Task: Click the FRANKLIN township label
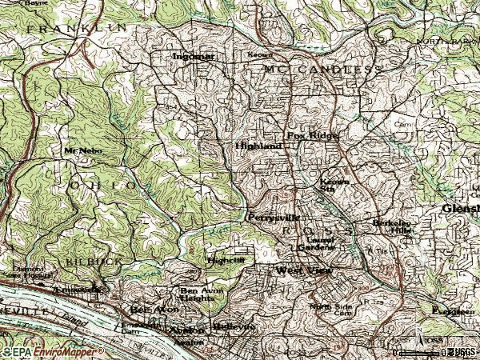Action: coord(76,27)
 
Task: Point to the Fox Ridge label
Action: coord(313,136)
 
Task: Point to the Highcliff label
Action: coord(225,260)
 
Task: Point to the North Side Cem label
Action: coord(331,310)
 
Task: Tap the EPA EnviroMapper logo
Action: coord(52,351)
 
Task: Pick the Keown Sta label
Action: coord(332,185)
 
